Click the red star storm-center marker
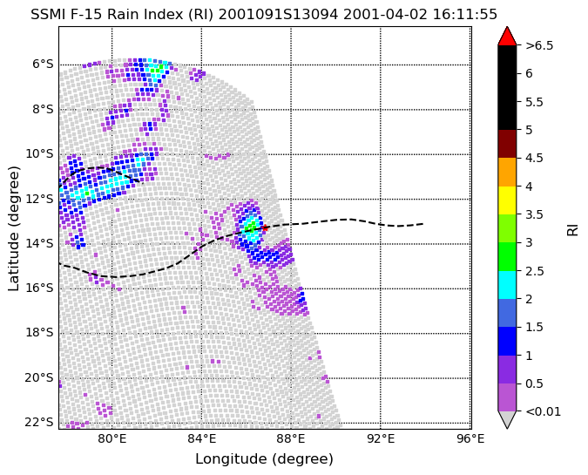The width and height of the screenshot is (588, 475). coord(265,227)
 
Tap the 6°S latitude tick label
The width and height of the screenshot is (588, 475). coord(44,64)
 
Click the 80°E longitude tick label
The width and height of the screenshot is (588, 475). coord(112,438)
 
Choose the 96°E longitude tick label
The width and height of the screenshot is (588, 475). coord(470,438)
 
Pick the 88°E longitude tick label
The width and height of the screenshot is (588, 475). coord(291,438)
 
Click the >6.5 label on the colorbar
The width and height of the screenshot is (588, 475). coord(539,45)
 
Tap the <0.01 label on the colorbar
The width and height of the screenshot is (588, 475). coord(544,411)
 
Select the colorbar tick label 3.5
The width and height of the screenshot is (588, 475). coord(534,214)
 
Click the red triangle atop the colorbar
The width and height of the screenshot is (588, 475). coord(507,37)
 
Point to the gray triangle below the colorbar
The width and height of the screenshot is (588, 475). coord(507,420)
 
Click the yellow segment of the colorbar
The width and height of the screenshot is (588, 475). coord(507,200)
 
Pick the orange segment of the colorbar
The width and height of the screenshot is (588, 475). coord(507,173)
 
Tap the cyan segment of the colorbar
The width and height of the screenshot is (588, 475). coord(507,285)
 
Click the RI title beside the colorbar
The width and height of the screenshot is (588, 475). coord(572,228)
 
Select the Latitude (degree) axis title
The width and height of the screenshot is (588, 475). coord(13,228)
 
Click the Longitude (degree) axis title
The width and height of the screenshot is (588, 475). coord(264,458)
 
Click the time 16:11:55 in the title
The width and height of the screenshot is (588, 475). coord(465,15)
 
